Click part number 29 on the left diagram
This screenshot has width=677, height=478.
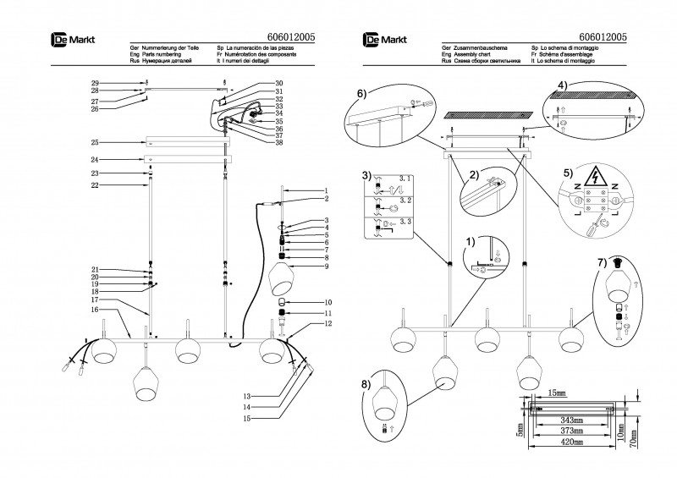(95, 81)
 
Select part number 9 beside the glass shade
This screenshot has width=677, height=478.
(324, 267)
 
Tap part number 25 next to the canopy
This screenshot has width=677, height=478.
(95, 141)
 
